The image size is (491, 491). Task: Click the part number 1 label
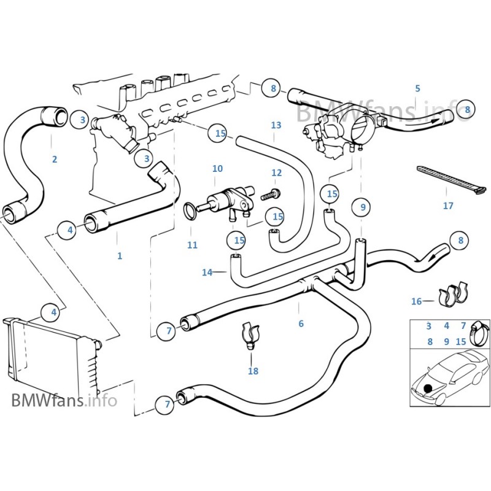[x=120, y=256]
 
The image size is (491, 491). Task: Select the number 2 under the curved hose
[x=55, y=160]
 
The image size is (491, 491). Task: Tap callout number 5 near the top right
[x=417, y=88]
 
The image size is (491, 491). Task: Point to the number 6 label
[x=301, y=323]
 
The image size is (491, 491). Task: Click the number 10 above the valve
[x=217, y=169]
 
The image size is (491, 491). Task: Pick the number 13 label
[x=276, y=125]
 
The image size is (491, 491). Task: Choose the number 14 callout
[x=207, y=272]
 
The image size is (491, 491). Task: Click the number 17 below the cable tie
[x=448, y=206]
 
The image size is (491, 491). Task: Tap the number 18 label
[x=253, y=371]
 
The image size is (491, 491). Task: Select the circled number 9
[x=363, y=207]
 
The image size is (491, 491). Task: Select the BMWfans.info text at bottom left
[x=64, y=401]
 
